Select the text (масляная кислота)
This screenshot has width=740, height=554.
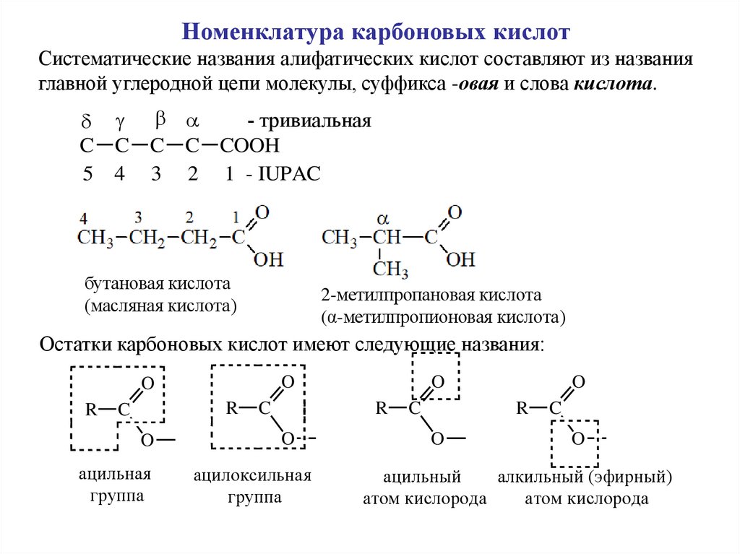(x=160, y=306)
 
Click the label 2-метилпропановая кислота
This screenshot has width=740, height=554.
(x=431, y=295)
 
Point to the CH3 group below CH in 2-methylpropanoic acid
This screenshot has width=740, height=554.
(x=390, y=270)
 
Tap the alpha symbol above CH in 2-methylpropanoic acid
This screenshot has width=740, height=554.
(x=384, y=217)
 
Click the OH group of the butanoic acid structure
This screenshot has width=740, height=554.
(x=268, y=259)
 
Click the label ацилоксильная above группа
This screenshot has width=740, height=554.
(x=252, y=476)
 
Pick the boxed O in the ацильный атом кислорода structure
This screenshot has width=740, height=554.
(x=437, y=381)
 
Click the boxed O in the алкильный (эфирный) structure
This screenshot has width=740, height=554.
(x=577, y=438)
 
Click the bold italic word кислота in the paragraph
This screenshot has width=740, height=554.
(x=614, y=84)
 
